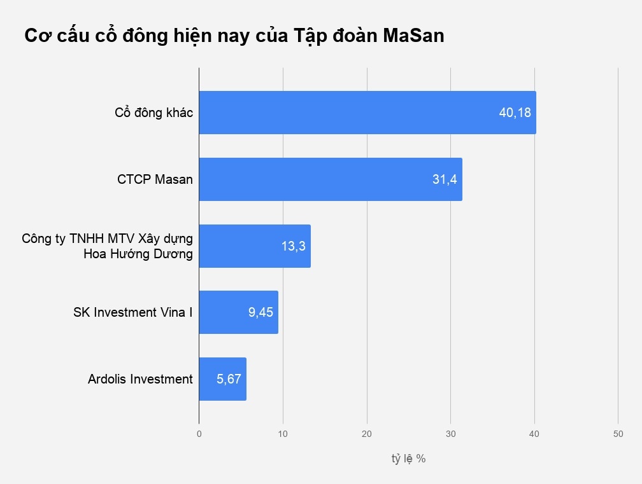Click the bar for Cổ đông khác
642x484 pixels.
pyautogui.click(x=344, y=113)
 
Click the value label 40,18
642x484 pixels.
pyautogui.click(x=515, y=113)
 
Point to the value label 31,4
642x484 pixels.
pyautogui.click(x=445, y=179)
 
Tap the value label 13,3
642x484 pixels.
pyautogui.click(x=294, y=246)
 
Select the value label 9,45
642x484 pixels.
pyautogui.click(x=261, y=312)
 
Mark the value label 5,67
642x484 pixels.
pyautogui.click(x=229, y=379)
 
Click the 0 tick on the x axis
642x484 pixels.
pyautogui.click(x=199, y=434)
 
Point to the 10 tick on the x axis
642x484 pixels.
pyautogui.click(x=283, y=434)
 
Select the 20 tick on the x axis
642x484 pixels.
pyautogui.click(x=367, y=434)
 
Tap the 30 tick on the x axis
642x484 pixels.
pyautogui.click(x=450, y=434)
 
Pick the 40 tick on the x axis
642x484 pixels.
pyautogui.click(x=534, y=434)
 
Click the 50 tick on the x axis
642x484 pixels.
pyautogui.click(x=618, y=434)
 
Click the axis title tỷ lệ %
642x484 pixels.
pyautogui.click(x=408, y=459)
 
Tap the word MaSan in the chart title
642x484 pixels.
pyautogui.click(x=413, y=36)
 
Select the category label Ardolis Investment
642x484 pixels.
pyautogui.click(x=140, y=379)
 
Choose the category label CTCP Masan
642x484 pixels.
pyautogui.click(x=155, y=179)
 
